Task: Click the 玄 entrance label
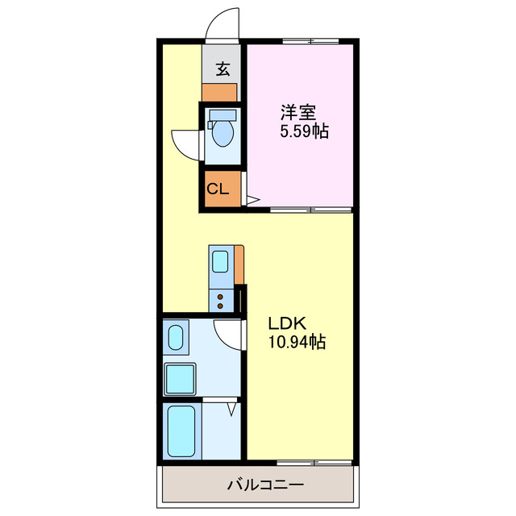click(221, 69)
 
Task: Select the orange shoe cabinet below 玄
click(219, 91)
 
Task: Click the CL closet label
click(217, 190)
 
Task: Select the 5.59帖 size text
click(303, 131)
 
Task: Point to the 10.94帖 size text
click(296, 343)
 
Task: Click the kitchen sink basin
click(220, 261)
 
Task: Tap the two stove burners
click(220, 300)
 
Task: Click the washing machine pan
click(181, 377)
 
